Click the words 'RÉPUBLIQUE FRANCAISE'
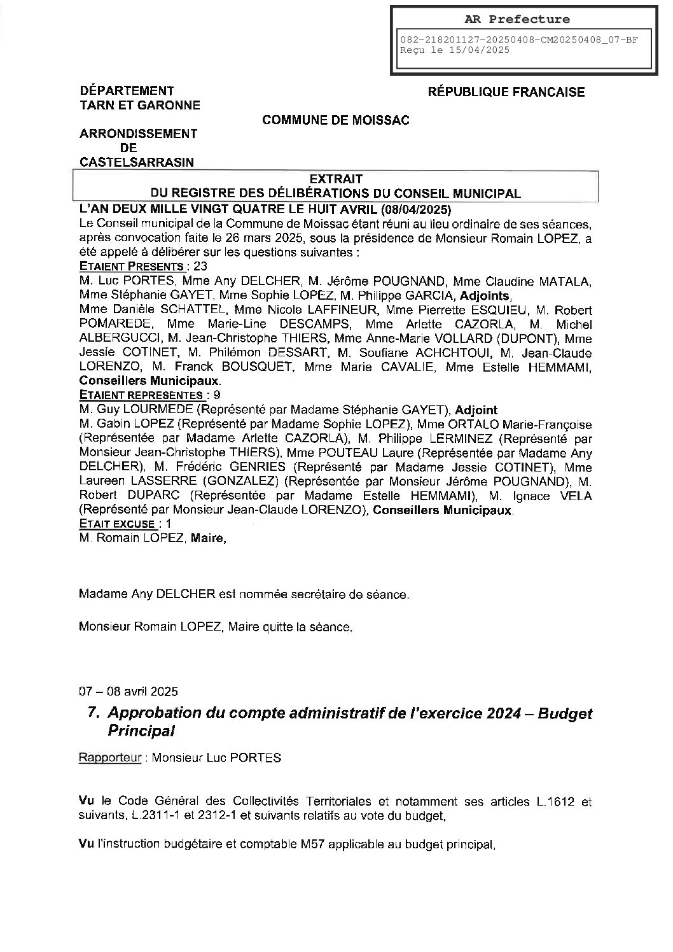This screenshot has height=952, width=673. click(506, 92)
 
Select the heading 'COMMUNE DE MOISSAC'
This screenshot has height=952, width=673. click(336, 120)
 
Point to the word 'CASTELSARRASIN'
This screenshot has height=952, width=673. click(137, 162)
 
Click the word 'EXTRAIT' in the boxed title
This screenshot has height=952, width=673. click(335, 179)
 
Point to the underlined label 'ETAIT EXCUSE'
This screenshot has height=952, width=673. click(118, 524)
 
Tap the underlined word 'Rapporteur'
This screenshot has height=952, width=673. click(109, 758)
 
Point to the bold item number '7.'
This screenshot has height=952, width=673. click(94, 713)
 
